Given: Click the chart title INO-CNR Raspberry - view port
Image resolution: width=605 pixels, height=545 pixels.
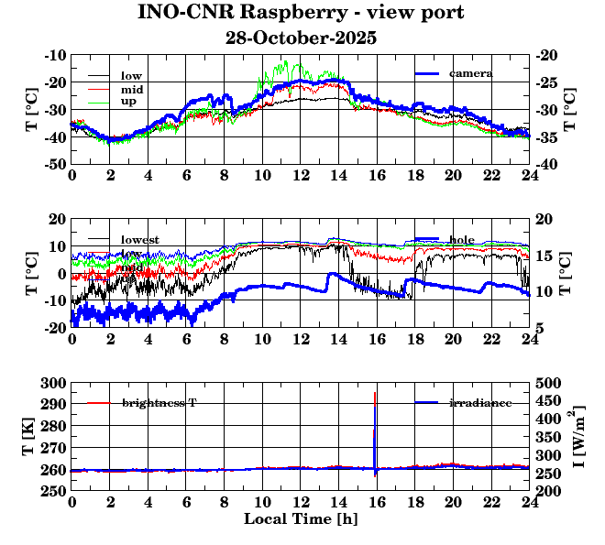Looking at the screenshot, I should pos(301,14).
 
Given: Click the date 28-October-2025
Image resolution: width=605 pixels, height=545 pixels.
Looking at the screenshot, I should pos(301,38).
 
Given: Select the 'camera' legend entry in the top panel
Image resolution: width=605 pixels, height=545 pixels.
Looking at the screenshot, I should pos(471,73).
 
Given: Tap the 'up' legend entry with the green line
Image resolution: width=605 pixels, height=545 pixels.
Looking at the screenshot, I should pos(127,103).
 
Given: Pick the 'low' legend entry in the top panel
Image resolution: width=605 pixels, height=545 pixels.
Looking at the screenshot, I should pos(130,75).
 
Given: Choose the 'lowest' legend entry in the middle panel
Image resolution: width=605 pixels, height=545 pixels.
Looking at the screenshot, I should pos(139,240).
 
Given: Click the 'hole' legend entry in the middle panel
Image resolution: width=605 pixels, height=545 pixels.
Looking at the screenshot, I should pos(462,240).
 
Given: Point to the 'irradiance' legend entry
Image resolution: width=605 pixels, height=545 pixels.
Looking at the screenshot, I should pos(479,403).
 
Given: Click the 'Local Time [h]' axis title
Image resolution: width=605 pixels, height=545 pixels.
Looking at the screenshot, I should pos(301,519).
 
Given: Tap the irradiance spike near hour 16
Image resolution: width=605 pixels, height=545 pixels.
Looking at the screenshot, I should pos(375,431).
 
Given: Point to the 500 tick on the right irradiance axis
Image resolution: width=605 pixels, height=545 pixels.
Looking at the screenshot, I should pos(548,383).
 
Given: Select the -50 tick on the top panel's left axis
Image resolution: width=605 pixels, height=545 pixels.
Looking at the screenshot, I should pos(53,164).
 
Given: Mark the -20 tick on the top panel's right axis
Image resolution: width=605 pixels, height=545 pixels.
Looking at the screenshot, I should pos(548,55).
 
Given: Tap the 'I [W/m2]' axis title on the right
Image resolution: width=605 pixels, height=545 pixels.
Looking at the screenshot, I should pos(580,437).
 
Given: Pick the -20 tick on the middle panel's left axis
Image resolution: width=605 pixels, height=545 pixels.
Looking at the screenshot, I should pos(53,328).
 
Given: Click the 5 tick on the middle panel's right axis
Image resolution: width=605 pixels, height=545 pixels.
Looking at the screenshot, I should pos(540,328).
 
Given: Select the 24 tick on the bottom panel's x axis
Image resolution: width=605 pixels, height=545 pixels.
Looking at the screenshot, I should pos(529,504).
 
